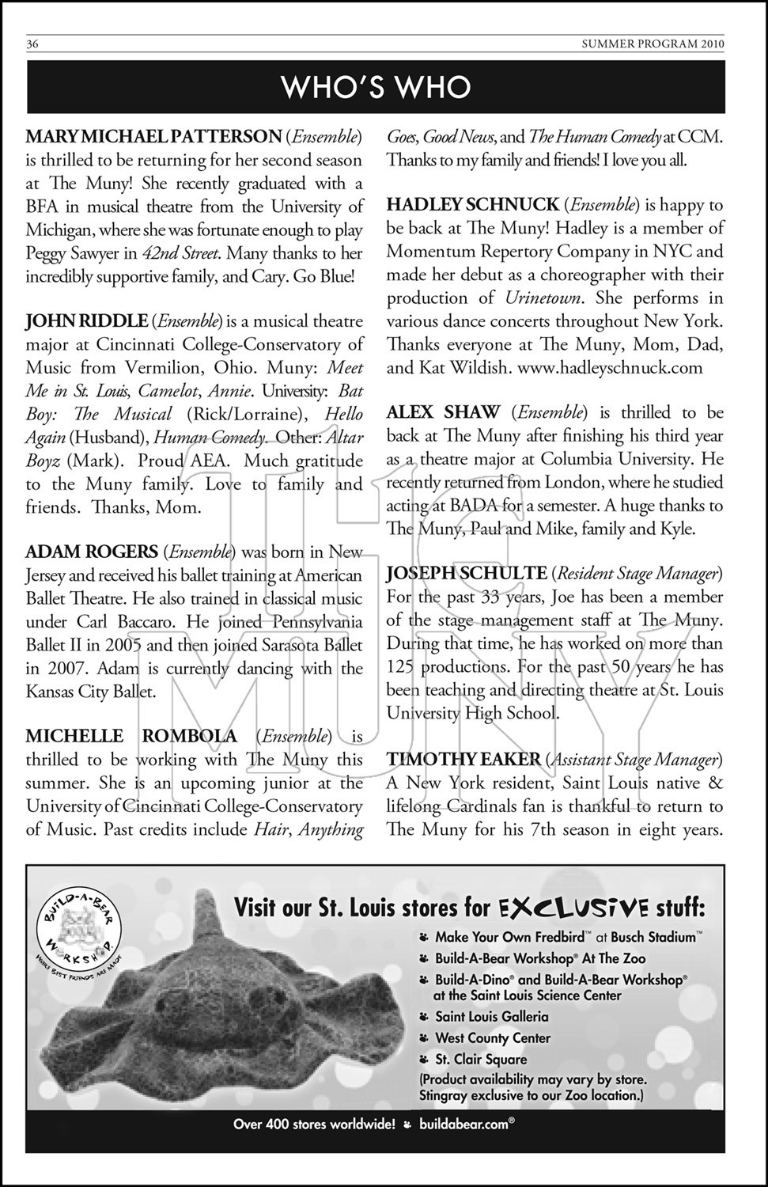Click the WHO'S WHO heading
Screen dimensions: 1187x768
(376, 87)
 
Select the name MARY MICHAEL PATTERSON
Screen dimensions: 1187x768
(153, 137)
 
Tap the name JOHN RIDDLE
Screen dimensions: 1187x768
(86, 321)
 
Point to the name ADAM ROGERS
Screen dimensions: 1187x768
(92, 552)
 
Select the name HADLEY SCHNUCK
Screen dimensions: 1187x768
(472, 205)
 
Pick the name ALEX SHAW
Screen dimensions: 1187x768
(443, 412)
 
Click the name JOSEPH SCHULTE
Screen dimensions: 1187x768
(467, 573)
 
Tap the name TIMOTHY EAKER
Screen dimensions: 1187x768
(463, 760)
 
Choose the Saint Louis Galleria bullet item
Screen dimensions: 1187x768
(491, 1017)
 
